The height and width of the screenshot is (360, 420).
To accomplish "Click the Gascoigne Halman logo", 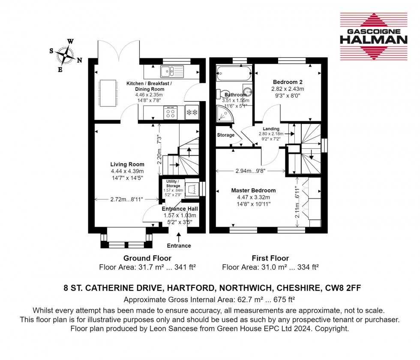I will [x=373, y=36].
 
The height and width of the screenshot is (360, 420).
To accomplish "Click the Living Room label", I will [x=127, y=164].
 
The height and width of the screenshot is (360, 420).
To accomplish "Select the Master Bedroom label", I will [x=253, y=190].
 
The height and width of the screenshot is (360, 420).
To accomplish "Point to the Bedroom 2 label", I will [x=288, y=82].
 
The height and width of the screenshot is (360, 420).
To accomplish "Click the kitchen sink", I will [x=171, y=71].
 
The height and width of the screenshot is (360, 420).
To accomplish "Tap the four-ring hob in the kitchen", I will [x=170, y=112].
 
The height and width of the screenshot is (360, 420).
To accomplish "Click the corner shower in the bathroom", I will [x=224, y=114].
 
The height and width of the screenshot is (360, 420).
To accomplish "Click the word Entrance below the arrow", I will [x=179, y=246].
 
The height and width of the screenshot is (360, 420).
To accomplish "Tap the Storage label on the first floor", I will [x=225, y=135].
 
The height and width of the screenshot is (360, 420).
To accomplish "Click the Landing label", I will [x=271, y=129].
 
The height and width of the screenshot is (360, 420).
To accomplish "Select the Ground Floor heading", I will [x=147, y=258].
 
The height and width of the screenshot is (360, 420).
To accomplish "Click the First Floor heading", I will [x=270, y=258].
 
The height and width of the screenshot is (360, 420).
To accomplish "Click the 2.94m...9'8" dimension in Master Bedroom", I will [x=251, y=171].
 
